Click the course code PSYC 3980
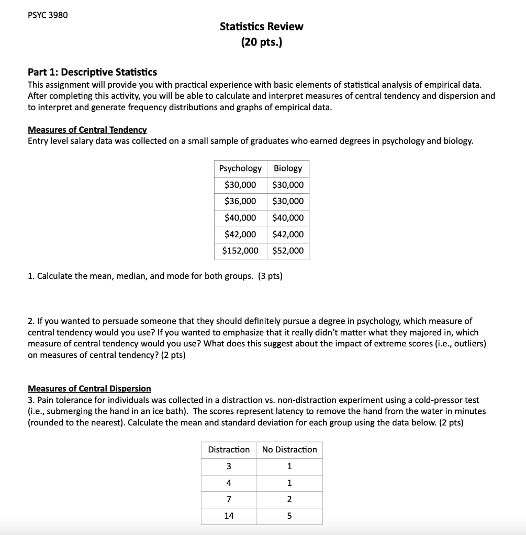[x=47, y=15]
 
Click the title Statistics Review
[x=261, y=26]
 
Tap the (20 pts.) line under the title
[x=261, y=42]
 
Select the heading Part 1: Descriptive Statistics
[x=92, y=72]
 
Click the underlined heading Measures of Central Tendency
[x=87, y=130]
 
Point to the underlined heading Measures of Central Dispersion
[x=89, y=388]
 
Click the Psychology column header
[x=240, y=168]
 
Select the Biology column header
[x=288, y=168]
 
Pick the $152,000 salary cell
[x=240, y=250]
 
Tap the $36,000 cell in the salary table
[x=240, y=201]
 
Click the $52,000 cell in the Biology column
[x=288, y=250]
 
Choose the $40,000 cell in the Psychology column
[x=240, y=217]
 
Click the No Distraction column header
[x=289, y=449]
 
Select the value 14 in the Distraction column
[x=229, y=516]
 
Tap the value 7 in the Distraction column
[x=229, y=499]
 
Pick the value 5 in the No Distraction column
[x=289, y=516]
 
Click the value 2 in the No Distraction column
[x=289, y=499]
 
